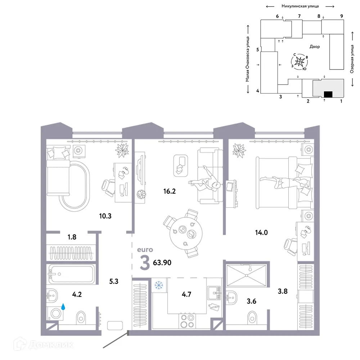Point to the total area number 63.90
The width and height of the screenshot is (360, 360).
click(x=162, y=262)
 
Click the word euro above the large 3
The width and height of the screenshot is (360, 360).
click(x=146, y=249)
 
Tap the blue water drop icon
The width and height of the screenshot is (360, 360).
click(x=63, y=307)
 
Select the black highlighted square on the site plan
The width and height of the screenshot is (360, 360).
click(x=328, y=95)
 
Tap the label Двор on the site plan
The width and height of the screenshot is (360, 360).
click(x=314, y=47)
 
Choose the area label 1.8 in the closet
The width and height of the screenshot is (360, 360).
click(x=72, y=237)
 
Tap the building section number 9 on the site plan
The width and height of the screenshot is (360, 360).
click(x=341, y=16)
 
